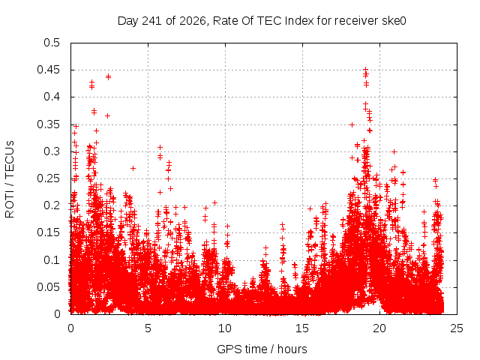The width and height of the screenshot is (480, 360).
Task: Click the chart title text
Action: [x=262, y=21]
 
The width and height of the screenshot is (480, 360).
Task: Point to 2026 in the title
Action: [x=193, y=21]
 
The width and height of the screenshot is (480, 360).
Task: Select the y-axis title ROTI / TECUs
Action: [x=10, y=179]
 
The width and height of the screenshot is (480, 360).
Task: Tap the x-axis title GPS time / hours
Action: [x=262, y=349]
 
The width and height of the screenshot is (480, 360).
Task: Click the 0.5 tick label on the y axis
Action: [x=52, y=43]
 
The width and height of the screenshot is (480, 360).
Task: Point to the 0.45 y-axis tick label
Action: [x=48, y=70]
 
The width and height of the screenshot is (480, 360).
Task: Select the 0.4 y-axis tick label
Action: [x=52, y=97]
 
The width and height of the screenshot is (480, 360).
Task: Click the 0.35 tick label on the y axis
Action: [x=48, y=124]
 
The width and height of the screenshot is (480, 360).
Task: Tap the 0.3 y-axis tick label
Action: [x=52, y=151]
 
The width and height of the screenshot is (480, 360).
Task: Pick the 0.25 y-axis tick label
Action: [x=48, y=178]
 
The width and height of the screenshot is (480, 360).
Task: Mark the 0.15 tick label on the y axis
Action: [x=48, y=232]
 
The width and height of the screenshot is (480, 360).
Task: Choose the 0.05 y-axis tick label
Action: [x=48, y=286]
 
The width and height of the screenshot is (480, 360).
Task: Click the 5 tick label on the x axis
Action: [x=148, y=328]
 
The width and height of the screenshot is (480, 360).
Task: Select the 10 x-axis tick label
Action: [x=225, y=328]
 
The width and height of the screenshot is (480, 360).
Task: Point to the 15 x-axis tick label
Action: [x=302, y=328]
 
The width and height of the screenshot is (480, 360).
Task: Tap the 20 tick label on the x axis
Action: [x=379, y=328]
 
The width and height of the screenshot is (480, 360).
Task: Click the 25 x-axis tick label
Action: [x=457, y=328]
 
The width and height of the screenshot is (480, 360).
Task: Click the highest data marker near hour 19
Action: [x=365, y=70]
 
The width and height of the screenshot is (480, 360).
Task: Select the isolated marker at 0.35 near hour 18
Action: [x=352, y=125]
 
